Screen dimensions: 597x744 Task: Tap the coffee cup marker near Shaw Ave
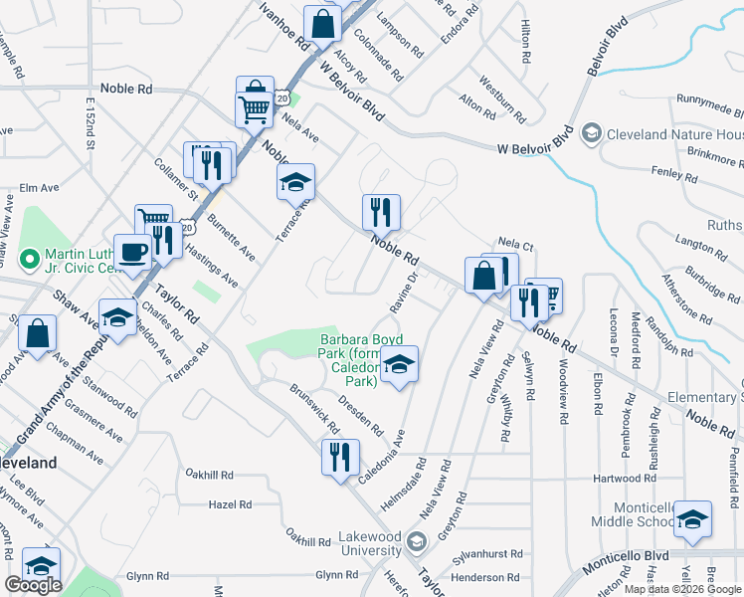click(x=132, y=254)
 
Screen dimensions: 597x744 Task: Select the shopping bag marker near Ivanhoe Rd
click(x=322, y=24)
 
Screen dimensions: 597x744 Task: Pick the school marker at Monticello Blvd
click(x=692, y=519)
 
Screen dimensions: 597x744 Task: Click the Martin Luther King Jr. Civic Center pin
click(x=30, y=262)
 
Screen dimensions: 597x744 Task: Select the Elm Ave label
click(x=40, y=187)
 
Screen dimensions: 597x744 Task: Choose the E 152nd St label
click(x=90, y=123)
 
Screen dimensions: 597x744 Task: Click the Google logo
click(x=33, y=585)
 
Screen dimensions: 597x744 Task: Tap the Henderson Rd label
click(x=484, y=576)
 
